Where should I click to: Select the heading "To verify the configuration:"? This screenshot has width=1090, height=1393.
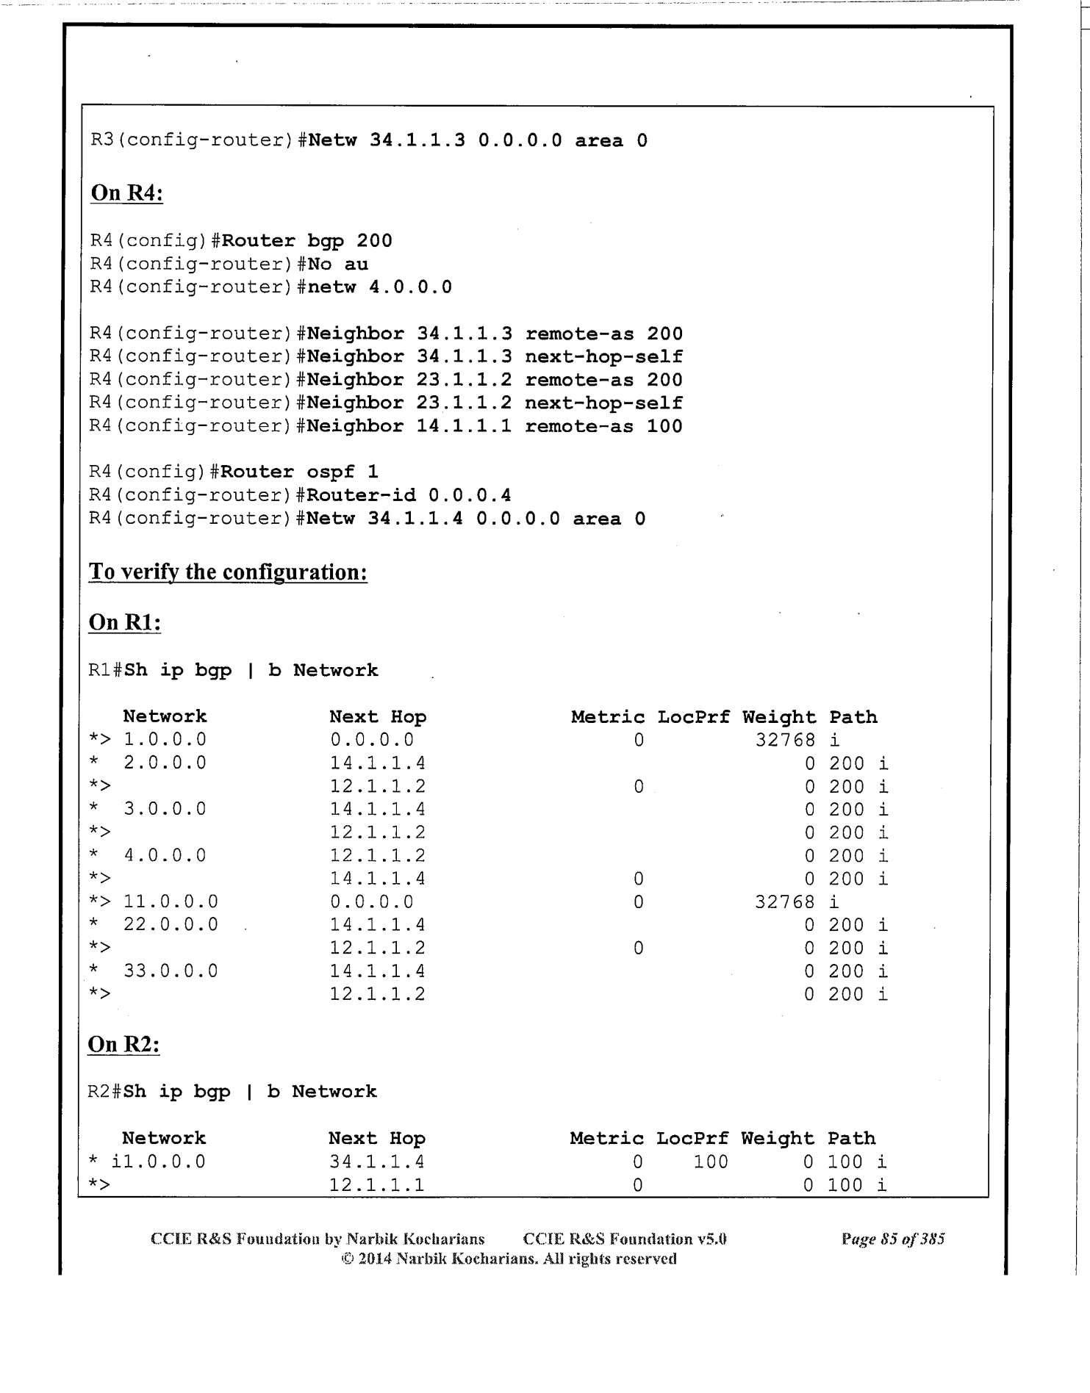pos(228,572)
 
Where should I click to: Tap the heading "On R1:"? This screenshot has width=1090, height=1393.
pos(125,622)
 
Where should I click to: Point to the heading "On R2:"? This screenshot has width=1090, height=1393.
pos(123,1044)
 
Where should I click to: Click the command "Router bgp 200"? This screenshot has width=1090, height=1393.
pos(307,241)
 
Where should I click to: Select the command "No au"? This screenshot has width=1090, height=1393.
pos(338,264)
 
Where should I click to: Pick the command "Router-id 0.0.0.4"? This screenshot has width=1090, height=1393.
pos(409,495)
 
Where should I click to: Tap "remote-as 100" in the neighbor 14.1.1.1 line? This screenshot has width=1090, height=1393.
pos(603,426)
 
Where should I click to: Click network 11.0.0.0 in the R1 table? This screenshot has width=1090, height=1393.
pos(171,901)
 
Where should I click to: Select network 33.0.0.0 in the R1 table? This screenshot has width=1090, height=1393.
pos(171,971)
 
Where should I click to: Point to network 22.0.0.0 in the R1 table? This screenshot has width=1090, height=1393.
pos(171,924)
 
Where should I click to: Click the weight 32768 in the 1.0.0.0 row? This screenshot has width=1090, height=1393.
pos(785,740)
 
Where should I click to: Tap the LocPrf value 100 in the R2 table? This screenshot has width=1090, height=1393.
pos(711,1162)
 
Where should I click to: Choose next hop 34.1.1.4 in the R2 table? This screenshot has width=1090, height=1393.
pos(376,1162)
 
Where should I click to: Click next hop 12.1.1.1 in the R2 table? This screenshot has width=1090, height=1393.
pos(376,1185)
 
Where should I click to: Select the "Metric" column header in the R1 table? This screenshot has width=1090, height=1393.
pos(608,717)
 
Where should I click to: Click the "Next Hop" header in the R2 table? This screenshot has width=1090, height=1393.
pos(377,1139)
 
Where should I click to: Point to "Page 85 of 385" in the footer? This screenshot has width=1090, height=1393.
pos(893,1239)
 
